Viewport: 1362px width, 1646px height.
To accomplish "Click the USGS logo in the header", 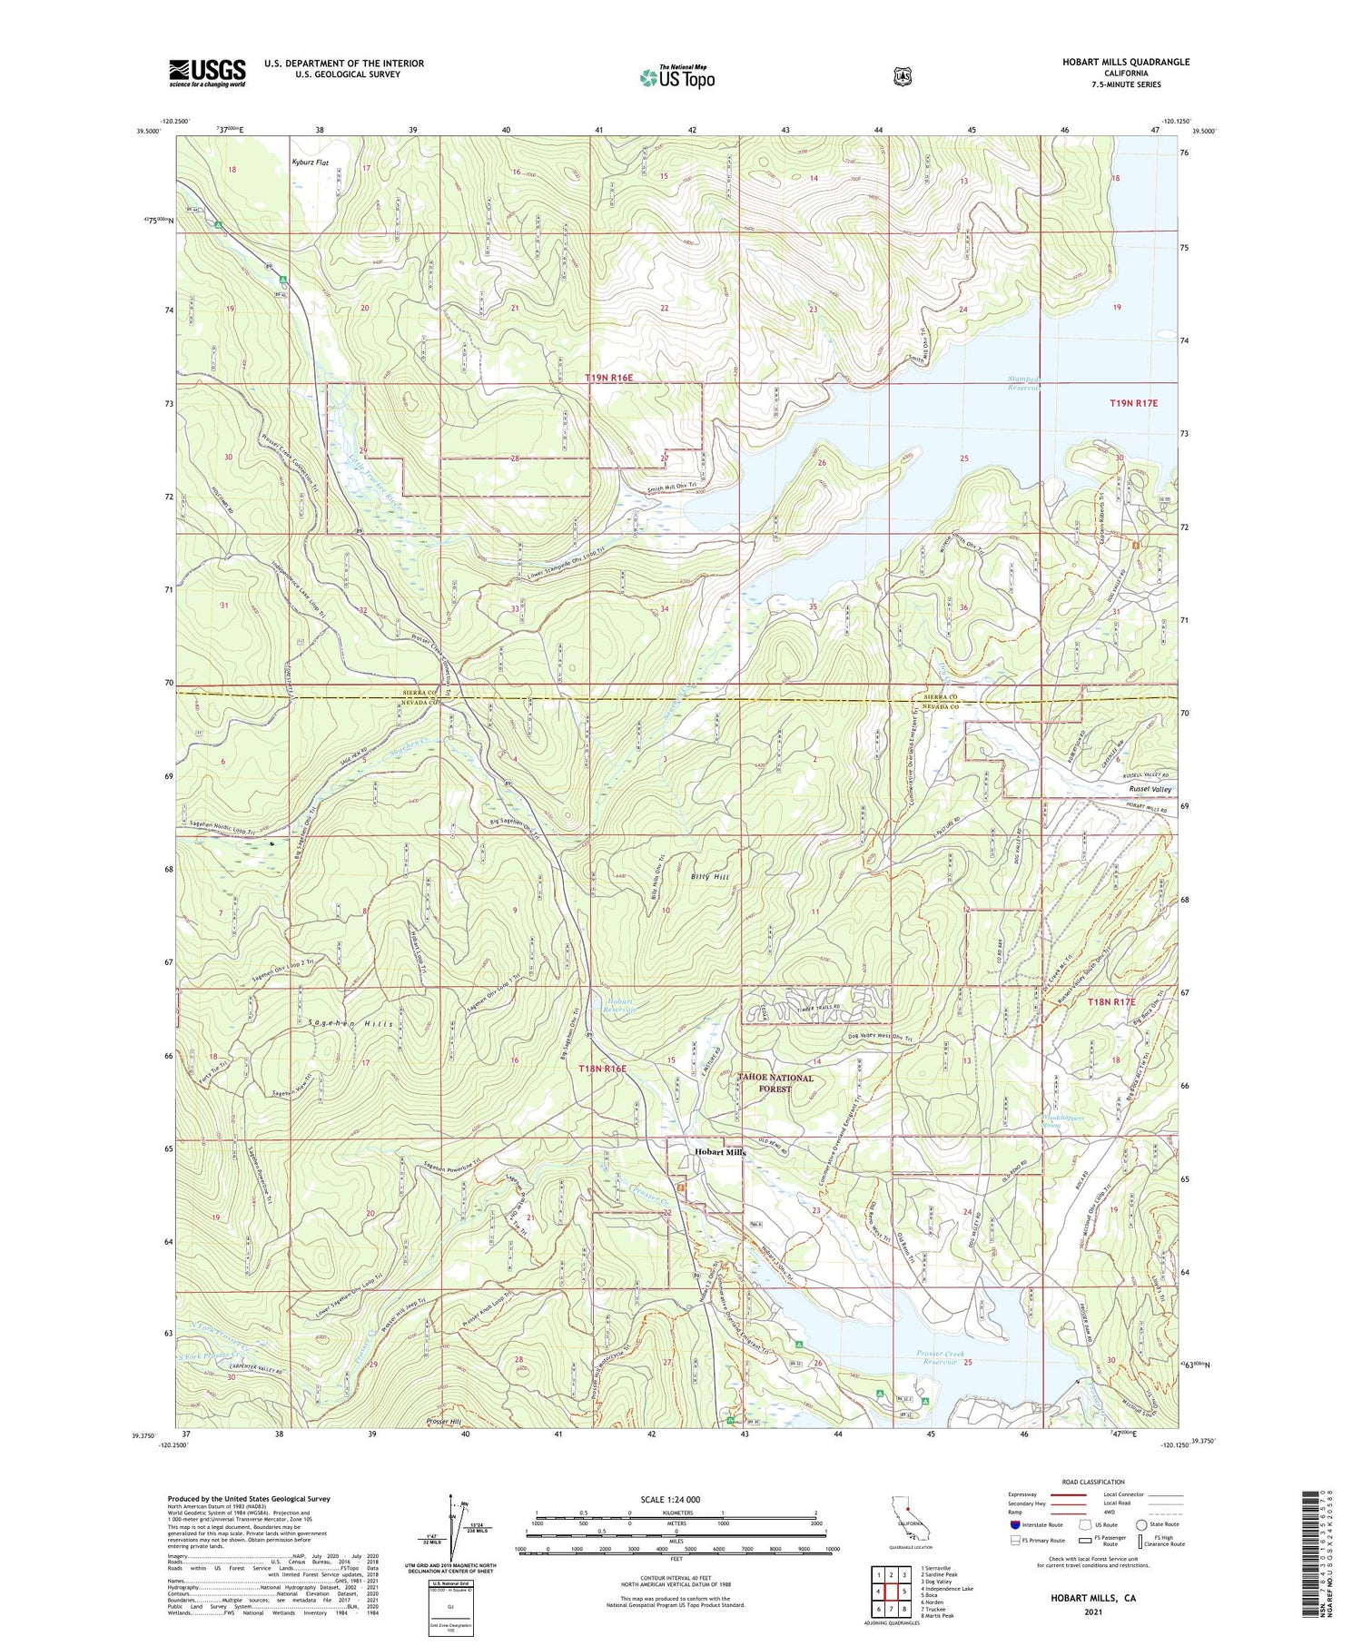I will pos(207,73).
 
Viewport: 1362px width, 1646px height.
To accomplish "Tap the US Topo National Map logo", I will pos(676,77).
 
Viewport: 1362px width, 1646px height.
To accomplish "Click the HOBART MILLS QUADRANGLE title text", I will pos(1113,62).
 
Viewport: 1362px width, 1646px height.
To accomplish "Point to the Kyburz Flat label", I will pos(310,163).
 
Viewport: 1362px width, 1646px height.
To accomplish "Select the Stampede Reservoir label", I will pos(1023,382).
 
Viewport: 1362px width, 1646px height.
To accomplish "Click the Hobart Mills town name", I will pos(720,1151).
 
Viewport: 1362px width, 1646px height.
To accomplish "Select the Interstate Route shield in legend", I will pos(1014,1525).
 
